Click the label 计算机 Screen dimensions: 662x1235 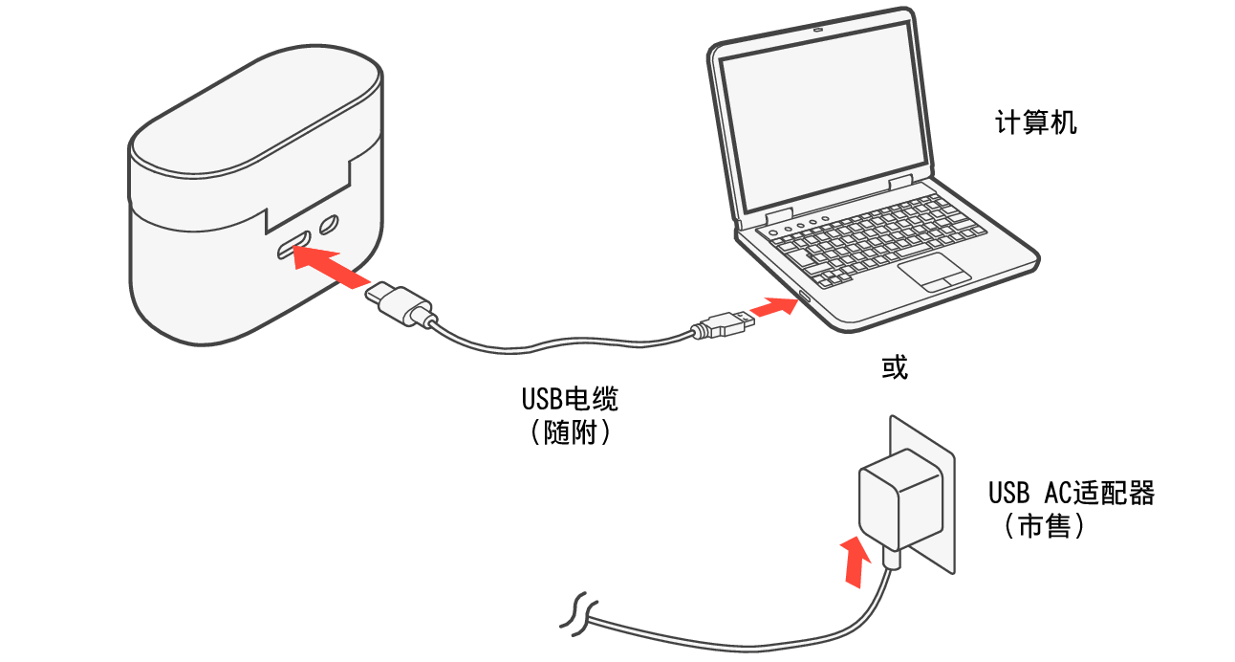[x=1036, y=123]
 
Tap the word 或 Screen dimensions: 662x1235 [x=894, y=367]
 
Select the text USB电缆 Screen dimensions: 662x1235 [x=570, y=398]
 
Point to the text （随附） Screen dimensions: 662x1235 [x=570, y=432]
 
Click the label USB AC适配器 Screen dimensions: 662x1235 [x=1072, y=494]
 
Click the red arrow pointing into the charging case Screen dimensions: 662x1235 [x=330, y=265]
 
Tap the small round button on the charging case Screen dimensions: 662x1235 [x=330, y=226]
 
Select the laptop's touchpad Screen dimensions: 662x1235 [x=934, y=271]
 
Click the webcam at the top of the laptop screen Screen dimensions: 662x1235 [x=818, y=29]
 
